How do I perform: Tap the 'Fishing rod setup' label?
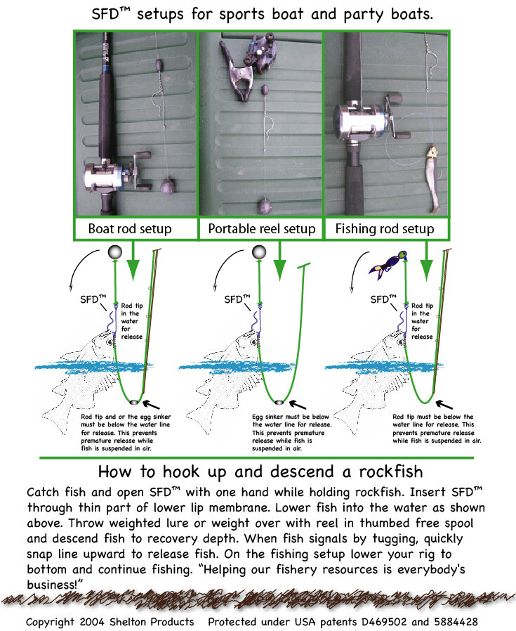point(384,229)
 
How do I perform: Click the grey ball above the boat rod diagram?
point(115,252)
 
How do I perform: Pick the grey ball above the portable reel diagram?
point(259,252)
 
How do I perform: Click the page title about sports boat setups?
point(258,14)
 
